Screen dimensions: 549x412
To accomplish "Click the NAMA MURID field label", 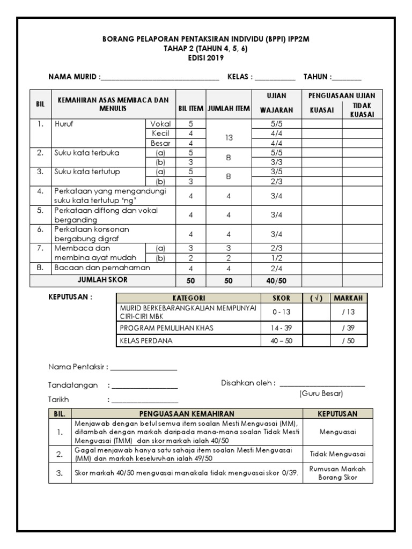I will point(74,77).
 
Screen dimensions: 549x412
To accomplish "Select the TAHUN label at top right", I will point(318,77).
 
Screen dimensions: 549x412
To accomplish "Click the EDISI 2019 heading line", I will point(205,58).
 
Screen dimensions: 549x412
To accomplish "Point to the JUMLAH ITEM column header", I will point(229,108).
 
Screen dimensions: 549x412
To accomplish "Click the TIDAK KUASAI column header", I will point(362,110).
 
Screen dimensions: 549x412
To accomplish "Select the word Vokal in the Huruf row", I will point(160,124).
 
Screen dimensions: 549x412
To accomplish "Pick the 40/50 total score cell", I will point(276,280).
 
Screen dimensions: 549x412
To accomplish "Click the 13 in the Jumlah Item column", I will point(229,138).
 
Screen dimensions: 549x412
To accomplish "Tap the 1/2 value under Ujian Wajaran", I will point(276,258).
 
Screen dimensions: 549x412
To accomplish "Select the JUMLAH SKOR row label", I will point(103,280).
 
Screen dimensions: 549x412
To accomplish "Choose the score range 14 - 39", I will point(282,327).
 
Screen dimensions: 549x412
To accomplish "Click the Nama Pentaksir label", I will point(78,367).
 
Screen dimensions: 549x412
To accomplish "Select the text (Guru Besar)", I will point(321,394).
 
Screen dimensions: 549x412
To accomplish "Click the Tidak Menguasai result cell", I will point(337,454).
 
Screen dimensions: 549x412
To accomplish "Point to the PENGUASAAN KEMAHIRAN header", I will point(187,414).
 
